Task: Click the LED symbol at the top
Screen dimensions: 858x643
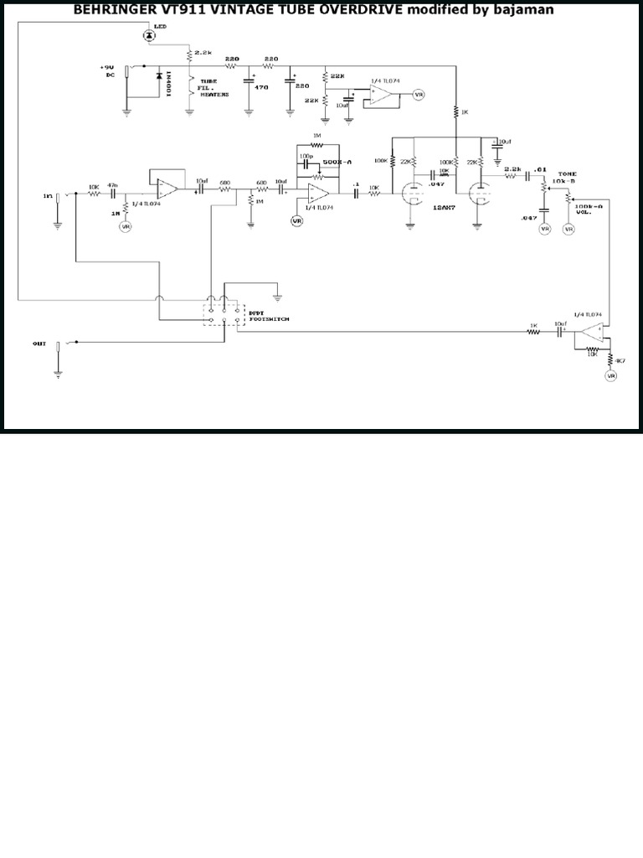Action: (149, 35)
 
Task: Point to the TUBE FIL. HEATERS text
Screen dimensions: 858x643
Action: (213, 88)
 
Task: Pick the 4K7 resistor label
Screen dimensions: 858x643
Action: (620, 359)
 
